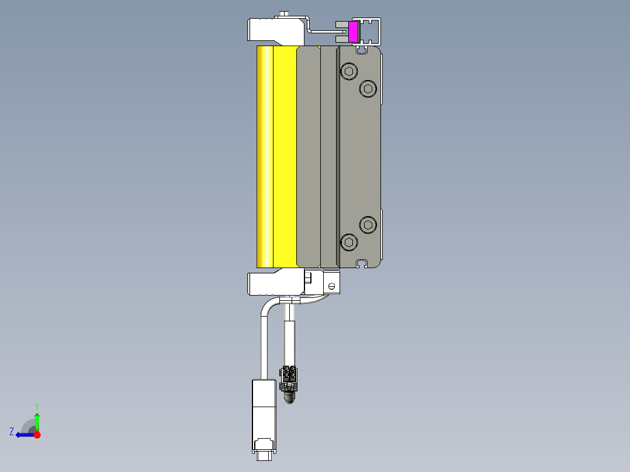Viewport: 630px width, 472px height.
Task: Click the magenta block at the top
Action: [353, 32]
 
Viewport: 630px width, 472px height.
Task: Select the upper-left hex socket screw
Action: [349, 72]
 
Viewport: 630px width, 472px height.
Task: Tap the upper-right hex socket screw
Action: [367, 89]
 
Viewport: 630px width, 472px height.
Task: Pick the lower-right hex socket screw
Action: [367, 224]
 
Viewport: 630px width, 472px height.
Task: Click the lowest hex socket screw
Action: [349, 242]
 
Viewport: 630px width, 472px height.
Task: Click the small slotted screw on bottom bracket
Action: [331, 286]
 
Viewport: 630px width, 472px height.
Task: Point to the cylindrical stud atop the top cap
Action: [284, 14]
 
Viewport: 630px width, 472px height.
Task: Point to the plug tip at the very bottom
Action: [264, 456]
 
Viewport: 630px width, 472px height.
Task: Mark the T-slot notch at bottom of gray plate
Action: [362, 263]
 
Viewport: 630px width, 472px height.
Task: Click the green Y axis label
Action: [37, 405]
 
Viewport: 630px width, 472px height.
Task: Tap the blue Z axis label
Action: [12, 432]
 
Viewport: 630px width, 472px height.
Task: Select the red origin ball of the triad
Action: [37, 435]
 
